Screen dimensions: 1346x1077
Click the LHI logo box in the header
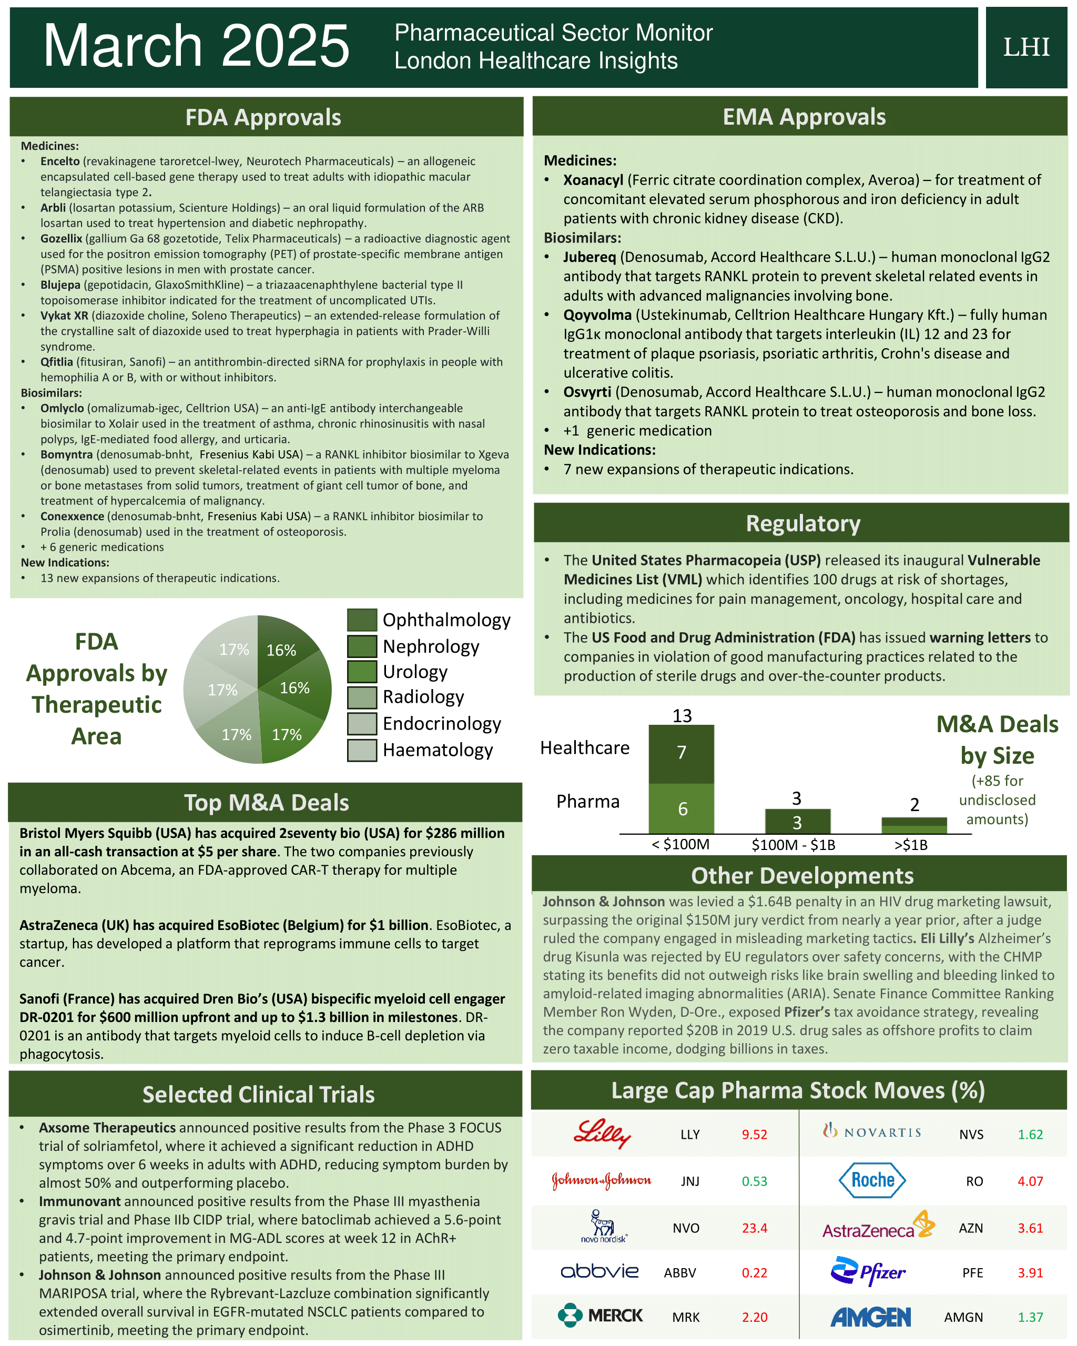click(x=1026, y=47)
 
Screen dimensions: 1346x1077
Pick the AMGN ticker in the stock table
click(x=963, y=1317)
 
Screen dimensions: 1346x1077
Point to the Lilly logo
click(x=602, y=1133)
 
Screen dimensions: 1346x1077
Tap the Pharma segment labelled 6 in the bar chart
click(x=681, y=808)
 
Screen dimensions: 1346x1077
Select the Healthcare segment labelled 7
click(x=681, y=752)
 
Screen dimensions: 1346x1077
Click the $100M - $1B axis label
click(x=793, y=845)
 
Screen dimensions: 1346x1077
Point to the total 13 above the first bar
click(x=682, y=715)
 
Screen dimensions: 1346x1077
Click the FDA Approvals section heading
click(x=263, y=117)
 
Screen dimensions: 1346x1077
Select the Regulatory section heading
click(x=802, y=523)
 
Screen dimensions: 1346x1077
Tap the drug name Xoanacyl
click(x=593, y=180)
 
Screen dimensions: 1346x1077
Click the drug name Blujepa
click(x=60, y=285)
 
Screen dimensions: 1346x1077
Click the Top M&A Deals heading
click(x=266, y=802)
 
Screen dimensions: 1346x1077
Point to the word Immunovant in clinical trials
click(x=79, y=1201)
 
